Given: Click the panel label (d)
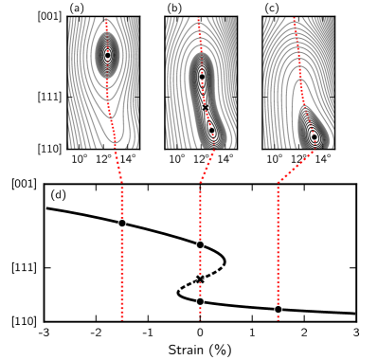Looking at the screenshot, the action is [58, 195].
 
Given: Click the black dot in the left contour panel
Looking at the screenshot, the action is [107, 56].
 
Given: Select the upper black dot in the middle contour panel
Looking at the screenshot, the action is [202, 76].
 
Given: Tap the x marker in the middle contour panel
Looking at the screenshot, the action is [206, 107].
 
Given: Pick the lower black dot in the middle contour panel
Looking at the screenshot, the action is [211, 130].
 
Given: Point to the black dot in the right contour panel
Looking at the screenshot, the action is [315, 137].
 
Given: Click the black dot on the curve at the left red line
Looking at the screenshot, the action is [122, 223].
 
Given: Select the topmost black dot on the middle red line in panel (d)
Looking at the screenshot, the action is [200, 243].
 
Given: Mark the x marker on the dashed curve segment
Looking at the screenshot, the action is [200, 279].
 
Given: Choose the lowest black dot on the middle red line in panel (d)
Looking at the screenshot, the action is [200, 301].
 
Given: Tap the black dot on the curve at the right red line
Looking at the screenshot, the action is [278, 309].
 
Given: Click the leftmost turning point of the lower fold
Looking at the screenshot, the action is [178, 293].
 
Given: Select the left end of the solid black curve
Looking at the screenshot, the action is [47, 208].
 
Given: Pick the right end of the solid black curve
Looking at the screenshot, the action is [353, 313].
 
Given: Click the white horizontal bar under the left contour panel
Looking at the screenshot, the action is [83, 168].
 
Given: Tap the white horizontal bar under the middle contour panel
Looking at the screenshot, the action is [203, 168].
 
